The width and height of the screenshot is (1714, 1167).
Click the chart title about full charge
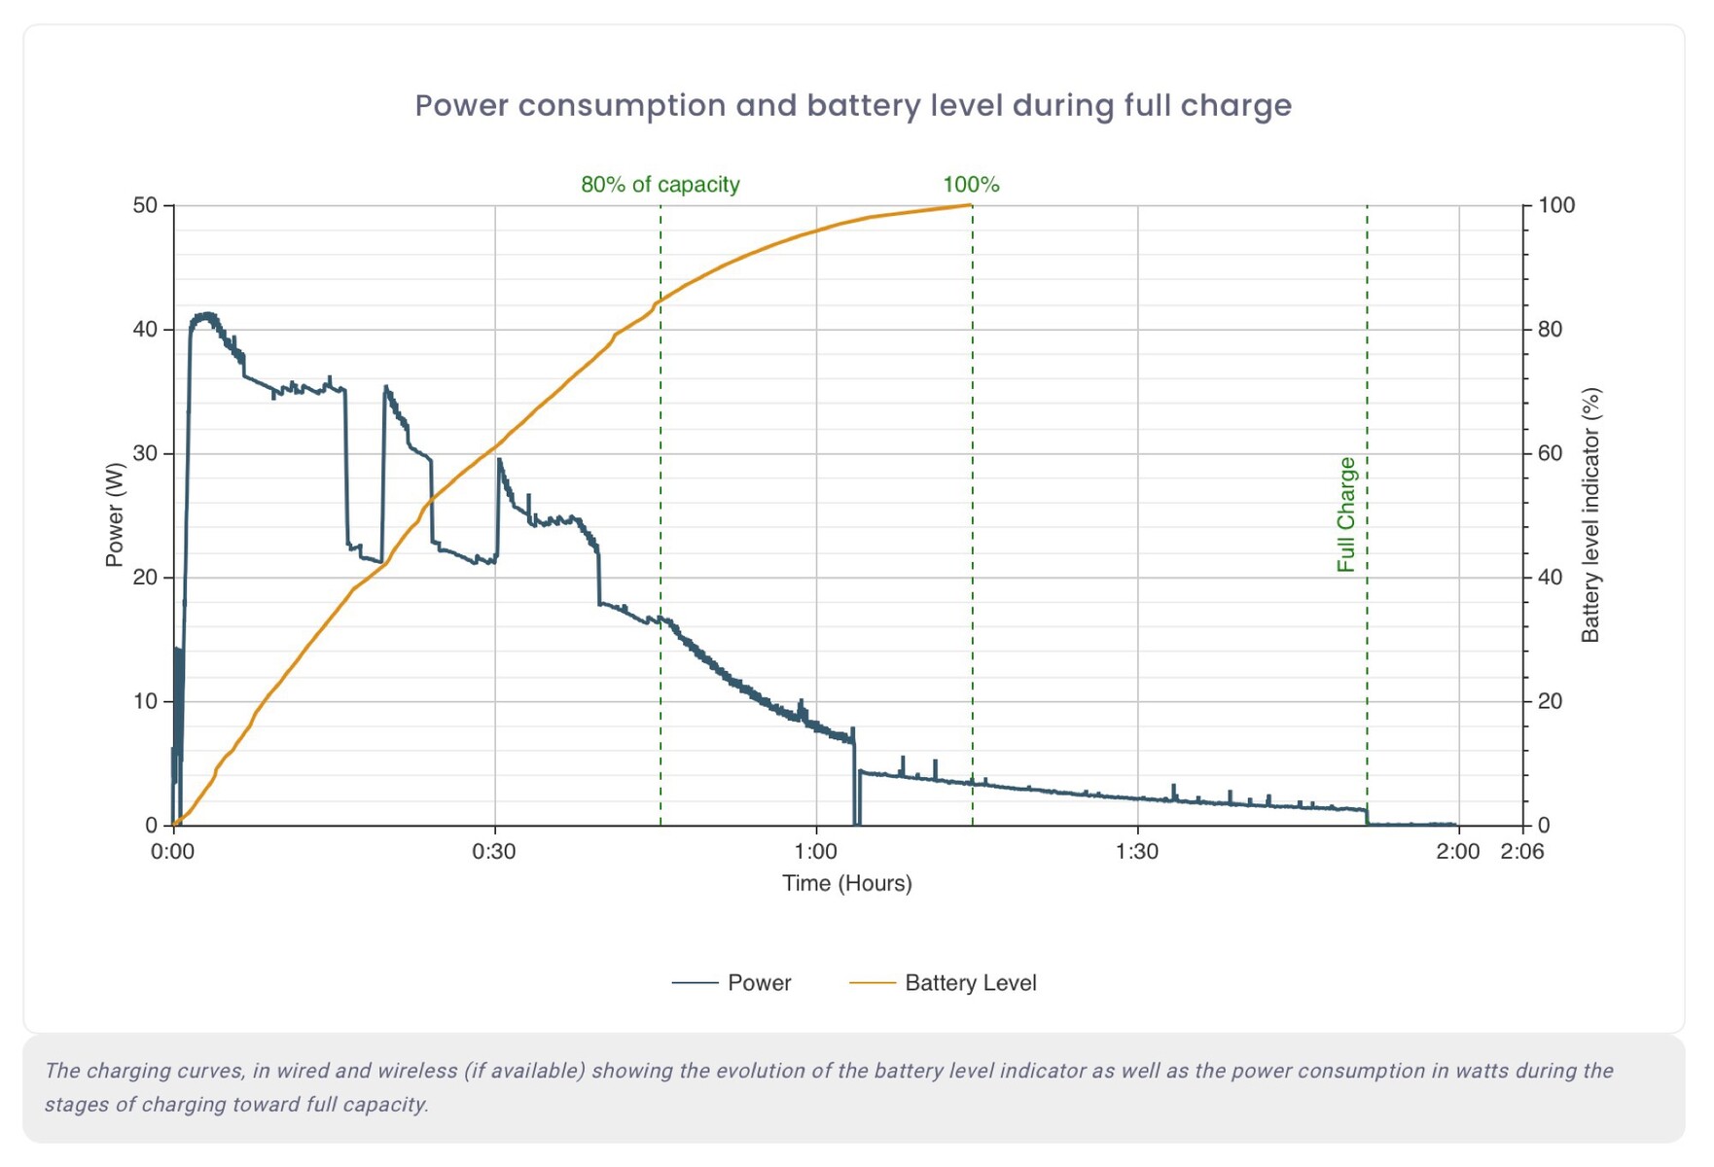click(x=853, y=105)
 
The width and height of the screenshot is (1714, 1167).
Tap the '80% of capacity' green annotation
click(x=660, y=185)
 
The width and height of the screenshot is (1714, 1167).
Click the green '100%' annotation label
click(x=971, y=185)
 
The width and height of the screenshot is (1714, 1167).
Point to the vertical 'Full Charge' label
click(x=1346, y=514)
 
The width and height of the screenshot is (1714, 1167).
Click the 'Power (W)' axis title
click(x=115, y=514)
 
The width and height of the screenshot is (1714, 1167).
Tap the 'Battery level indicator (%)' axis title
click(x=1590, y=514)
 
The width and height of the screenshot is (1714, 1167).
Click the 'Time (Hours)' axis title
click(x=846, y=883)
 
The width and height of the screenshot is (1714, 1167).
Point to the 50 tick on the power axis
click(x=145, y=205)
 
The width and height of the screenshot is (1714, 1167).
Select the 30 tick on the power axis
click(x=145, y=453)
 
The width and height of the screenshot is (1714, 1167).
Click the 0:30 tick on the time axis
click(x=494, y=852)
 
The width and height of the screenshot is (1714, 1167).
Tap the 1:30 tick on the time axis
click(x=1137, y=852)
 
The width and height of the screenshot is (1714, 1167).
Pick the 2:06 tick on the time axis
click(x=1522, y=852)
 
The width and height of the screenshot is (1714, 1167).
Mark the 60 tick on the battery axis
click(x=1550, y=453)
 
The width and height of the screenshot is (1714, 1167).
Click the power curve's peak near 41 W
click(x=205, y=315)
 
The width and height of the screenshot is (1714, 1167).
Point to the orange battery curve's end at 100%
click(x=971, y=205)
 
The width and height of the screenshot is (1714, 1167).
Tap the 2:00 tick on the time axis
click(x=1457, y=852)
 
